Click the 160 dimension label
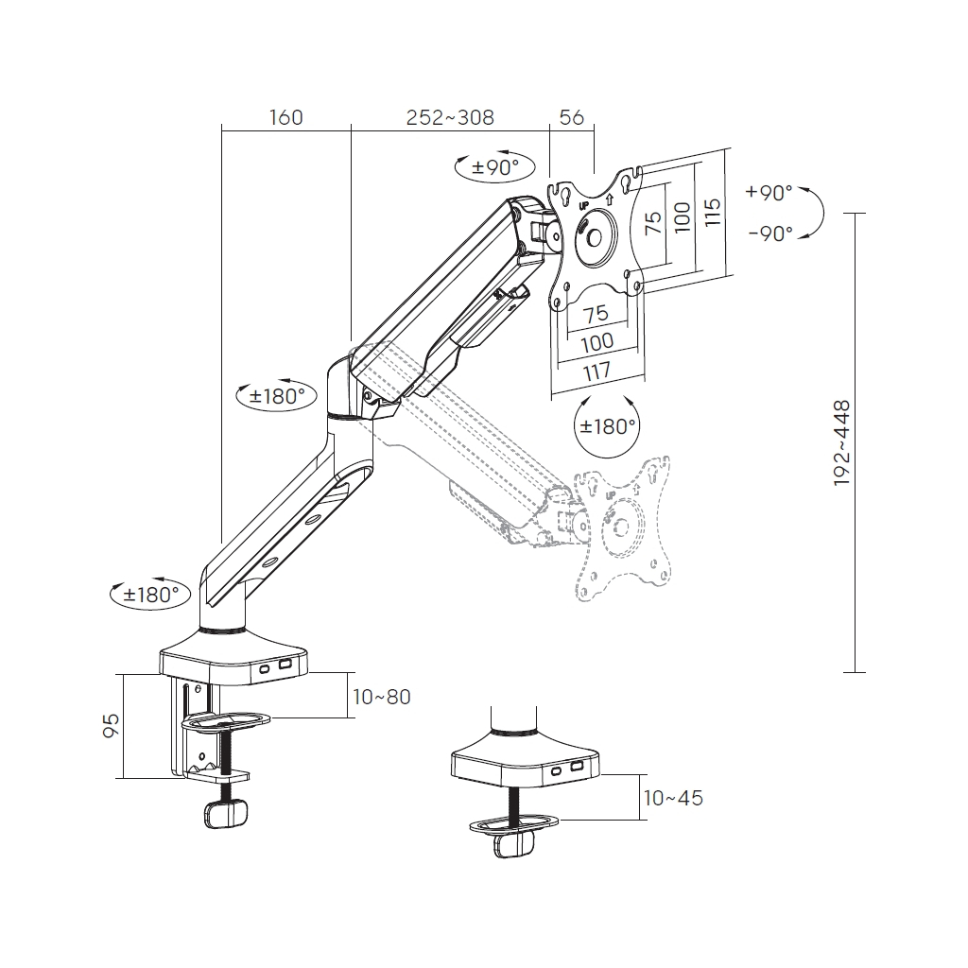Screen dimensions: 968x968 (285, 117)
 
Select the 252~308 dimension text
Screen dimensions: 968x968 (449, 117)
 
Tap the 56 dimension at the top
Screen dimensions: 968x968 (572, 117)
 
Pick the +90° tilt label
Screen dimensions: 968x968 (769, 193)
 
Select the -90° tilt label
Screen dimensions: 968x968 (769, 233)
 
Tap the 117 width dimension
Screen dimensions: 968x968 (596, 371)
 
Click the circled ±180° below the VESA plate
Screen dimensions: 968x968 (607, 426)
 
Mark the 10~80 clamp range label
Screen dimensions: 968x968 (381, 697)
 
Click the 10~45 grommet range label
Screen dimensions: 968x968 (672, 798)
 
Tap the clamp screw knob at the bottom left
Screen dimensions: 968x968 (225, 813)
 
